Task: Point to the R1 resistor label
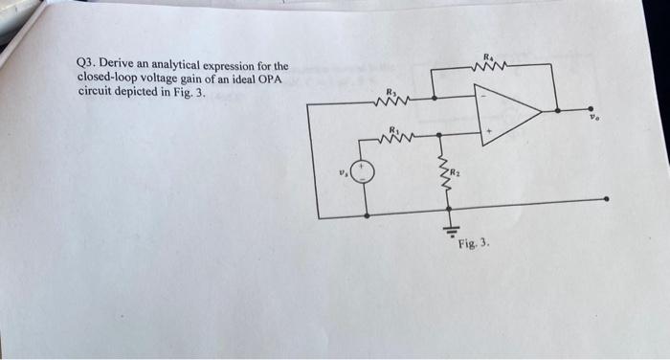(x=392, y=127)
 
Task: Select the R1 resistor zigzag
(x=394, y=138)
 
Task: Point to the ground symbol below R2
(x=443, y=227)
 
